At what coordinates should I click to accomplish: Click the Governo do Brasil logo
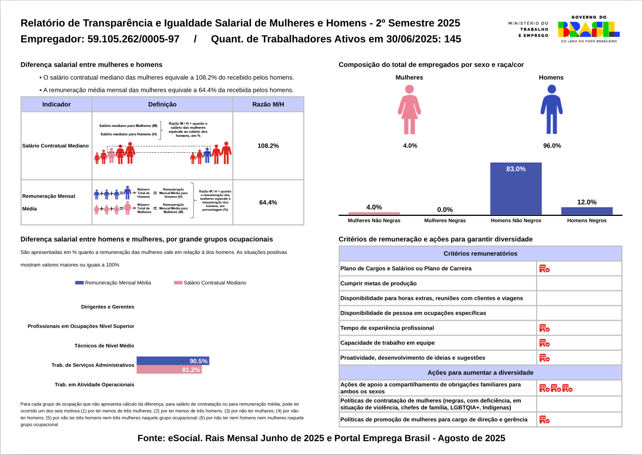(588, 29)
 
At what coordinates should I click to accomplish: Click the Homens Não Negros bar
(515, 189)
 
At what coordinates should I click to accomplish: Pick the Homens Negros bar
(587, 211)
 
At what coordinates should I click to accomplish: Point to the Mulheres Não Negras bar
(374, 213)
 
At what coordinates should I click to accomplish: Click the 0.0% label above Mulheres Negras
(445, 209)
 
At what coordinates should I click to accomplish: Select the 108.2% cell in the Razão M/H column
(268, 146)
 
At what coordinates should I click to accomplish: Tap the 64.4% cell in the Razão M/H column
(268, 202)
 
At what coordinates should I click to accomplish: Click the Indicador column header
(56, 104)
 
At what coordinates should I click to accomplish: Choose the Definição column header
(162, 104)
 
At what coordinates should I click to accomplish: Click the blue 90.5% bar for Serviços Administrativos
(172, 361)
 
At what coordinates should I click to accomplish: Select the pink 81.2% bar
(169, 370)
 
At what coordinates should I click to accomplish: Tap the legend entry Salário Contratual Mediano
(210, 283)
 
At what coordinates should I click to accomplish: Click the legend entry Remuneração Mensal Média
(113, 283)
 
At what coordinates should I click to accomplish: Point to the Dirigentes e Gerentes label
(108, 307)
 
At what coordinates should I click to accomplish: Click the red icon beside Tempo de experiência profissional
(544, 328)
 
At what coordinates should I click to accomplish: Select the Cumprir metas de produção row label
(379, 284)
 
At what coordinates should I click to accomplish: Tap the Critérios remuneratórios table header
(480, 253)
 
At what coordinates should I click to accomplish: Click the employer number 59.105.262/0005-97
(133, 39)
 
